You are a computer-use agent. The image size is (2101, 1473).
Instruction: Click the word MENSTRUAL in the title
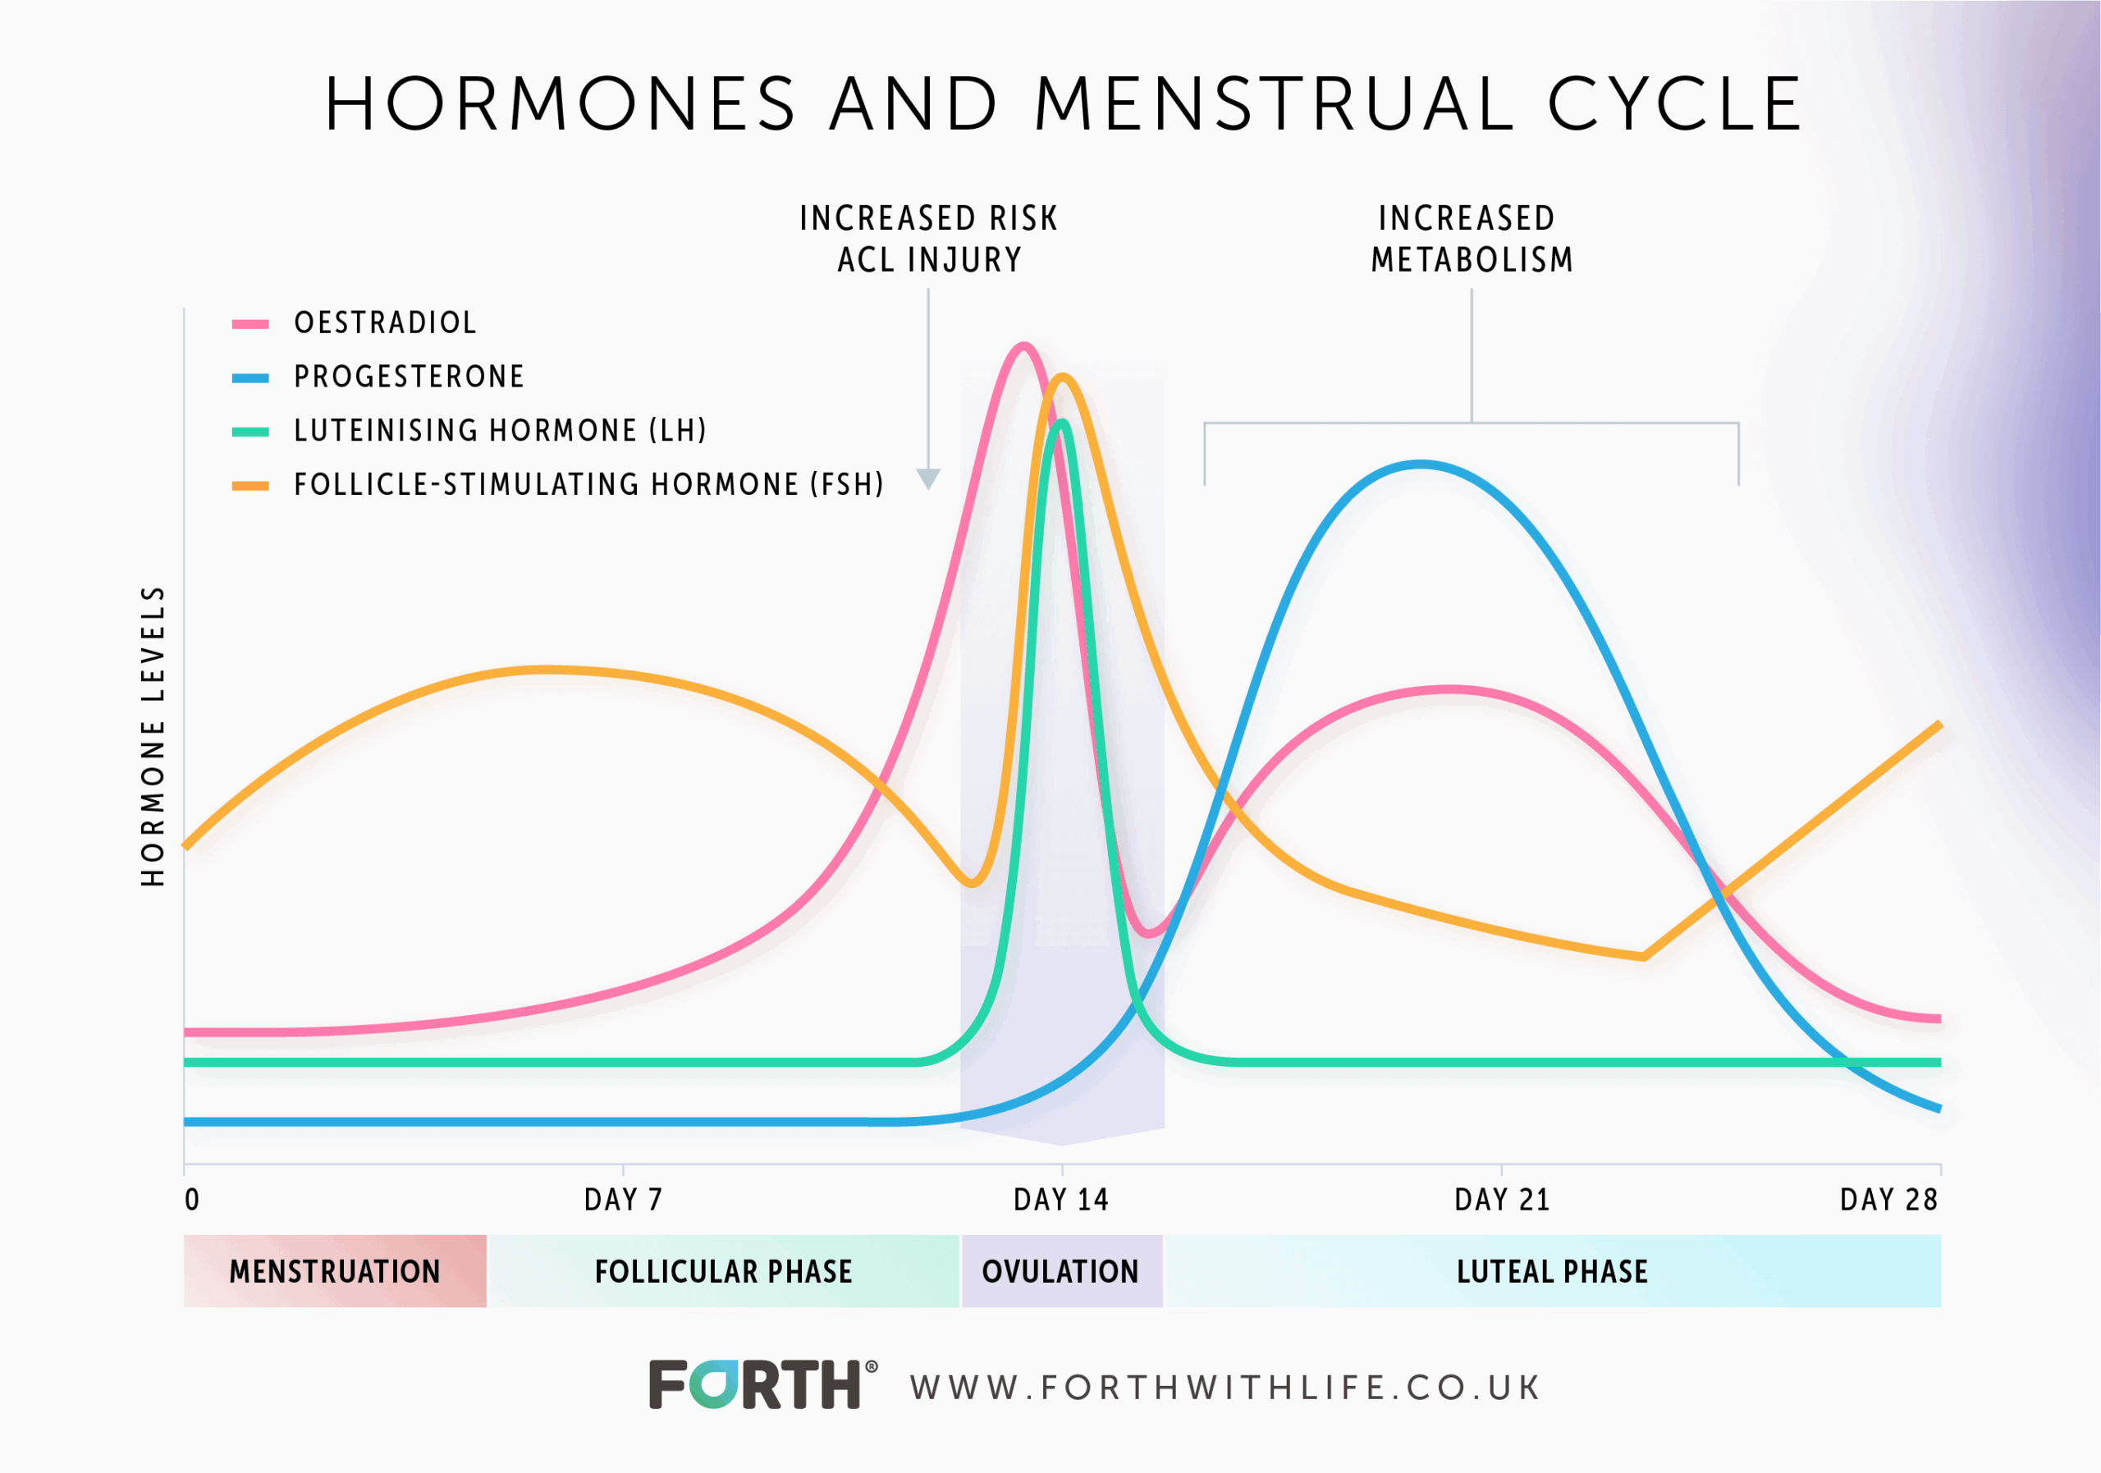[x=1273, y=103]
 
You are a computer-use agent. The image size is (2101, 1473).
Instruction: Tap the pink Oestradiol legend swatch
[x=249, y=324]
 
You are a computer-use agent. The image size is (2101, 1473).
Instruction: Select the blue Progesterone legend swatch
[x=249, y=377]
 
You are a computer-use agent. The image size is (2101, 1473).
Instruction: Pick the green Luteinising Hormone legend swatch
[x=249, y=432]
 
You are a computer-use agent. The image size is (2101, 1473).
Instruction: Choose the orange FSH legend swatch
[x=249, y=486]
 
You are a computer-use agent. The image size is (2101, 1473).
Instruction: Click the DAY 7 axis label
[x=622, y=1200]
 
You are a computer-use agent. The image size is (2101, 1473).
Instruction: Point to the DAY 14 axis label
[x=1060, y=1200]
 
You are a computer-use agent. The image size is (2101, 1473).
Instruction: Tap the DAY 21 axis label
[x=1502, y=1200]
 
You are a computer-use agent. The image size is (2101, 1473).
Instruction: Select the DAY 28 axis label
[x=1888, y=1200]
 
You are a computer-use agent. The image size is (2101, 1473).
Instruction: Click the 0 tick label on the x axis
[x=191, y=1200]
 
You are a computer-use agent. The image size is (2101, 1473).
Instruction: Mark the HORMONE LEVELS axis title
[x=153, y=737]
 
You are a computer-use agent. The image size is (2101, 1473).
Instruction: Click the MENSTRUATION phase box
[x=335, y=1271]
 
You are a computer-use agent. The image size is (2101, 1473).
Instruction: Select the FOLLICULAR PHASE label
[x=723, y=1271]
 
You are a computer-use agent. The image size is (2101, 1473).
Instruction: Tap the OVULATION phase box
[x=1060, y=1271]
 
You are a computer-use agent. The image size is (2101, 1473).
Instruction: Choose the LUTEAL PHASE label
[x=1552, y=1271]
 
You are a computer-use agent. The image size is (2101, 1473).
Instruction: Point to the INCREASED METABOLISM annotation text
[x=1471, y=239]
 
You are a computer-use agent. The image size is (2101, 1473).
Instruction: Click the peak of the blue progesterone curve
[x=1419, y=464]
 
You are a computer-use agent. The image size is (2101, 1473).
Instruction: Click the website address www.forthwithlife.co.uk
[x=1225, y=1388]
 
